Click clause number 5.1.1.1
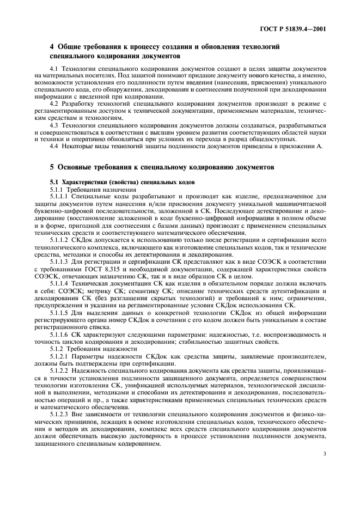coord(59,195)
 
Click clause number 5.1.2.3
coord(59,415)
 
